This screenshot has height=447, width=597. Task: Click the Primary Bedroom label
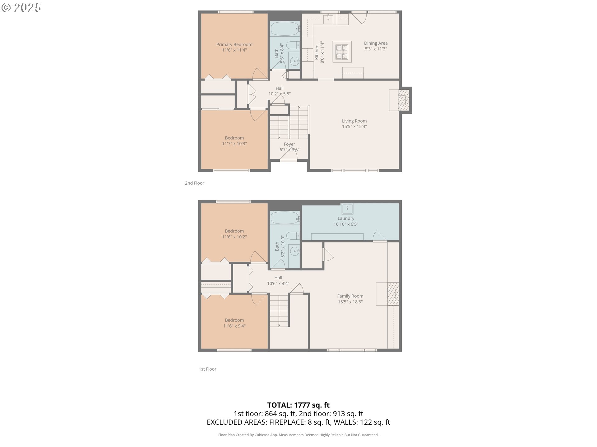[234, 44]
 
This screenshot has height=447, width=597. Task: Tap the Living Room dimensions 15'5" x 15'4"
[354, 126]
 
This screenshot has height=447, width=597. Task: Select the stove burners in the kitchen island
[342, 52]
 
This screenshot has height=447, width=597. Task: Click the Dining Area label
[376, 43]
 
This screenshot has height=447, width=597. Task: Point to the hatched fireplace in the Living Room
[404, 100]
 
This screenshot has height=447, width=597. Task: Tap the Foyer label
[289, 144]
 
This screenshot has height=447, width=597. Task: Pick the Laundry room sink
[347, 209]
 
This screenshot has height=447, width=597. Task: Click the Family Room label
[350, 296]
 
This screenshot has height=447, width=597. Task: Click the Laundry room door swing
[380, 236]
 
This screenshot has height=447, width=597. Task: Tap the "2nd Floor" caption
[195, 183]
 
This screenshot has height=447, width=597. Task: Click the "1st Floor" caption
[207, 369]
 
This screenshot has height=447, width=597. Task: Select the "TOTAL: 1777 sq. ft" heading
[298, 405]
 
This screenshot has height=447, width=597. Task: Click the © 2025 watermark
[21, 8]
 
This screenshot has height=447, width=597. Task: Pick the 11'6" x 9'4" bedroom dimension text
[234, 326]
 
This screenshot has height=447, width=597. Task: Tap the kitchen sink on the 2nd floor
[328, 19]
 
